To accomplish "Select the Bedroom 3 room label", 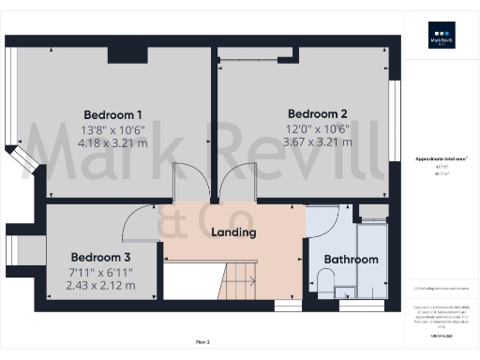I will click(x=100, y=256).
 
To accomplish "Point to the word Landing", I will click(x=233, y=232).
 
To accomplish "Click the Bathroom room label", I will click(x=351, y=260).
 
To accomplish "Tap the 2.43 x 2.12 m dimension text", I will click(x=100, y=284).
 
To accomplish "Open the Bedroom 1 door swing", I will click(x=188, y=182).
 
